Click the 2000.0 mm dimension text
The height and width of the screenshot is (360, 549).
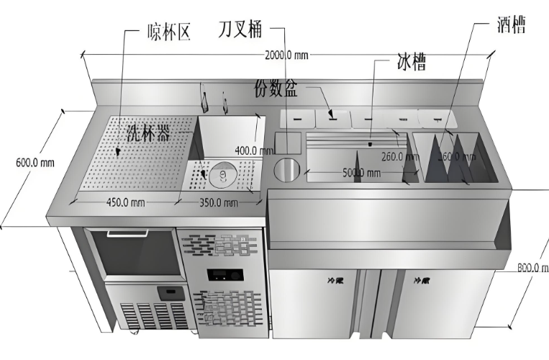[x=286, y=55]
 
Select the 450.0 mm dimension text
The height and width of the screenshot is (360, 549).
[x=123, y=202]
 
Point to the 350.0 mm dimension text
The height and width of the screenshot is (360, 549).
[x=218, y=202]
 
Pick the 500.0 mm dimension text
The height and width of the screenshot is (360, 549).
[x=361, y=173]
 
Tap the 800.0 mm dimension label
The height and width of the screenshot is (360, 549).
[x=533, y=267]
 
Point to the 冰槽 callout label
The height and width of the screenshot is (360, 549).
[x=411, y=61]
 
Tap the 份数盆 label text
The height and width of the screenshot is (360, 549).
[x=277, y=91]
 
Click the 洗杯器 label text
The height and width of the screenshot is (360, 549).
[x=148, y=132]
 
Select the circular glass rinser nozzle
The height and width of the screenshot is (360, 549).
[x=223, y=174]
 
